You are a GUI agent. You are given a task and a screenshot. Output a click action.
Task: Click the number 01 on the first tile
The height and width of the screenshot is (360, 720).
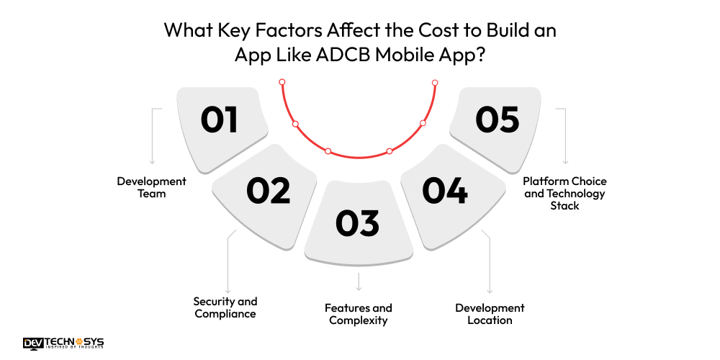click(x=220, y=120)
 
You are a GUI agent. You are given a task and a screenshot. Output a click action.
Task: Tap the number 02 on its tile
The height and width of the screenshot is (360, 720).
click(x=268, y=190)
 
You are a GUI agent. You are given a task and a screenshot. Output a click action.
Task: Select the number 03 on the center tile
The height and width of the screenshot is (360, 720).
click(x=358, y=223)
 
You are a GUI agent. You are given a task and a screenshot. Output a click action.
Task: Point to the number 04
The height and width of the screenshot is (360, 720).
click(x=445, y=191)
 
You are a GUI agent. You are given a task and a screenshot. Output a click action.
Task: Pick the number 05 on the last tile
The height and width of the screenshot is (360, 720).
click(x=497, y=120)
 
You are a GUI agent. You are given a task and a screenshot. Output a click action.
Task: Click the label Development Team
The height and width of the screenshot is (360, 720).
click(x=151, y=187)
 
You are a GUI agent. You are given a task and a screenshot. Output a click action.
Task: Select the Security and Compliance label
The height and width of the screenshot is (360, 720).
click(x=225, y=307)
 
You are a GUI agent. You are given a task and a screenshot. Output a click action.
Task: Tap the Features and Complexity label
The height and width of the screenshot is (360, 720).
click(x=359, y=314)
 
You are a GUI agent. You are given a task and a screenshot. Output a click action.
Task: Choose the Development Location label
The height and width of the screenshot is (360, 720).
click(x=490, y=314)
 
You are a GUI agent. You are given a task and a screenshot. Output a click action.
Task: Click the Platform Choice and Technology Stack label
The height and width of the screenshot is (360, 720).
click(x=564, y=193)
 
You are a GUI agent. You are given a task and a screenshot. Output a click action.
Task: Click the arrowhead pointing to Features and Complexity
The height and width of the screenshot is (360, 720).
click(x=359, y=287)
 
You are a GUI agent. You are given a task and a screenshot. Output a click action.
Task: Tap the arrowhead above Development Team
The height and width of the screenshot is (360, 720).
click(x=152, y=163)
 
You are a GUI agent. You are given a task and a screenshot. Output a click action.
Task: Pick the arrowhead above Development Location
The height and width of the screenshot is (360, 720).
click(x=490, y=291)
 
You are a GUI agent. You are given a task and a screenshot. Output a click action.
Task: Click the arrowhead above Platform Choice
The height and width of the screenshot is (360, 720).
click(x=565, y=163)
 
